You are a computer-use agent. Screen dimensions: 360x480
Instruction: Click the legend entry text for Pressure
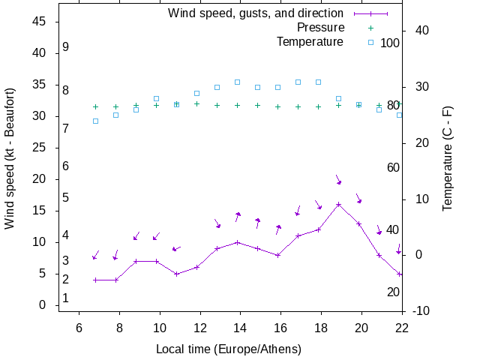pos(310,28)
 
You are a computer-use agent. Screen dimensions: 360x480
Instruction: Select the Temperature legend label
pos(310,42)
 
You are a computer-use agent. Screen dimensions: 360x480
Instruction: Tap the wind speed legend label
pos(255,13)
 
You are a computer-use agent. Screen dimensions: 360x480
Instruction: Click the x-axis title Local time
pos(229,349)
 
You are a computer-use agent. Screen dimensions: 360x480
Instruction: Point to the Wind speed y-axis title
pos(10,169)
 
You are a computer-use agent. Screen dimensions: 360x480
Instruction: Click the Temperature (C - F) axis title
pos(448,158)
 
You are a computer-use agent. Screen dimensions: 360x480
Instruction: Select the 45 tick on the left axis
pos(40,22)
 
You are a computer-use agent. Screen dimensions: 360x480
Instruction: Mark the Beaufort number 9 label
pos(66,47)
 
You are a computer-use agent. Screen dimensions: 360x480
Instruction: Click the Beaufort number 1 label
pos(66,298)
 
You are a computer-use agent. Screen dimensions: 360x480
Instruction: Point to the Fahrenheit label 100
pos(390,43)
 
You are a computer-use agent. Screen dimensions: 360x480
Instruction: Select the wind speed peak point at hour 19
pos(339,204)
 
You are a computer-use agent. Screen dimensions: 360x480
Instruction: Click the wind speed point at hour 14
pos(238,242)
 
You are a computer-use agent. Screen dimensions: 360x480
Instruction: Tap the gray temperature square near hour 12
pos(196,94)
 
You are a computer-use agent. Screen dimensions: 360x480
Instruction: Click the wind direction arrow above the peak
pos(339,181)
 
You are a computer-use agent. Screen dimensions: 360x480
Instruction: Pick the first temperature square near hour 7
pos(95,121)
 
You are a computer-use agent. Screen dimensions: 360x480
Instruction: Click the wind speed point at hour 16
pos(278,255)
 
